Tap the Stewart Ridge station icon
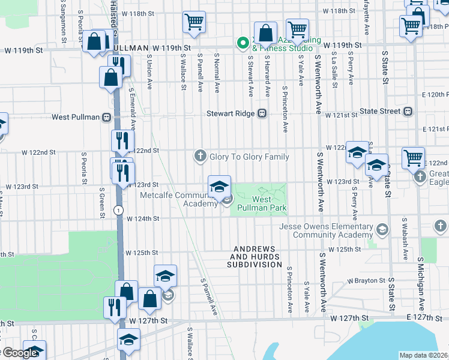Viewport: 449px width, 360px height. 262,113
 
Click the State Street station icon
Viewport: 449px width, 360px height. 408,111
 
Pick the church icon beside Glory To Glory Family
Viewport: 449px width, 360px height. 200,157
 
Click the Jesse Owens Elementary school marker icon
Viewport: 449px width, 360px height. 382,230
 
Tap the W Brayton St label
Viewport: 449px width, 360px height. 366,280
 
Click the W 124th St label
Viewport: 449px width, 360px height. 142,218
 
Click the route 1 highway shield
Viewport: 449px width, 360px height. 119,209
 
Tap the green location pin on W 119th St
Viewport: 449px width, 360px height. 243,43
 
